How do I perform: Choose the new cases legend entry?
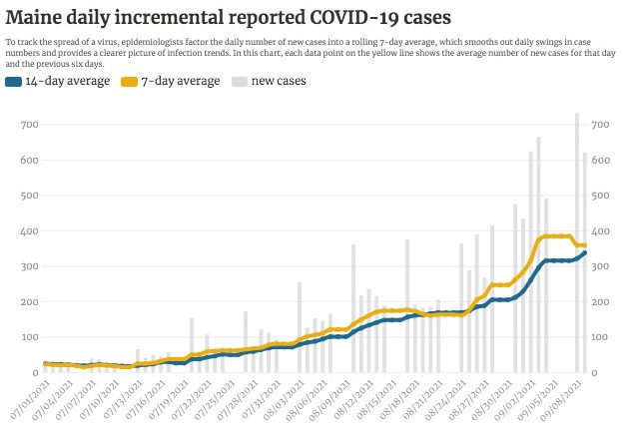tap(280, 81)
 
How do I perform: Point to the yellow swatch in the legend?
tap(132, 81)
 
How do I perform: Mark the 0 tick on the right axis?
tap(596, 373)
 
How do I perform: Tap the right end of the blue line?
tap(585, 252)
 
